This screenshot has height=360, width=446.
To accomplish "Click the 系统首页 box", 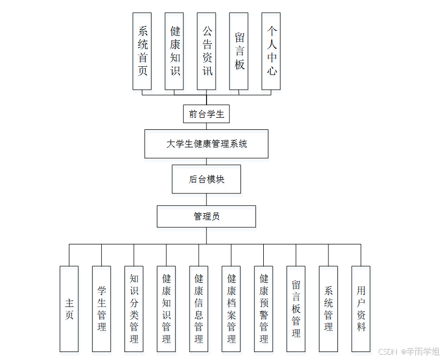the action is click(x=142, y=51).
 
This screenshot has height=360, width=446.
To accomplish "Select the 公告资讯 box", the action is click(x=207, y=51).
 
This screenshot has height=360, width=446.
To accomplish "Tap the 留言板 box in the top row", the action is click(x=239, y=51).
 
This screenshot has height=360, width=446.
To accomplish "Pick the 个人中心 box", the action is click(x=271, y=51).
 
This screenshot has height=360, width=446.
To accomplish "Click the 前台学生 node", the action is click(x=207, y=114).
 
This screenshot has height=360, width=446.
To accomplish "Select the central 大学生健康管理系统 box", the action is click(x=207, y=144).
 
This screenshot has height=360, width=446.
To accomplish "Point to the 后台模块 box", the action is click(x=207, y=179).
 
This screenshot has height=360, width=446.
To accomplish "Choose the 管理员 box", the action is click(x=207, y=216).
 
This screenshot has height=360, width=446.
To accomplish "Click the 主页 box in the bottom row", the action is click(x=69, y=309).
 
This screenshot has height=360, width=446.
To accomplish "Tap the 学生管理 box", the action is click(x=101, y=309).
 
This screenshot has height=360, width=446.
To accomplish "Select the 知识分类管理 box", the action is click(x=134, y=309).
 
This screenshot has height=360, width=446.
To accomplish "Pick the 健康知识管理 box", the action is click(x=166, y=309).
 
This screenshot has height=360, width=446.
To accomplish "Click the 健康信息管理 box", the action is click(x=199, y=309).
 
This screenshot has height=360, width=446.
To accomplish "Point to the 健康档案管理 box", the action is click(x=231, y=309).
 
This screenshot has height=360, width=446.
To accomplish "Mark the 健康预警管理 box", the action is click(x=264, y=309).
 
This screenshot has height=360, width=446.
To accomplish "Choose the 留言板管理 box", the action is click(x=296, y=309).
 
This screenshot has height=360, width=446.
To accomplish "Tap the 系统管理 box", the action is click(x=328, y=309).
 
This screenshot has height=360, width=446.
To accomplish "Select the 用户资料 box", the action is click(x=361, y=309).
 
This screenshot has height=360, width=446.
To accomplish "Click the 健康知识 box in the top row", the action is click(x=174, y=51).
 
